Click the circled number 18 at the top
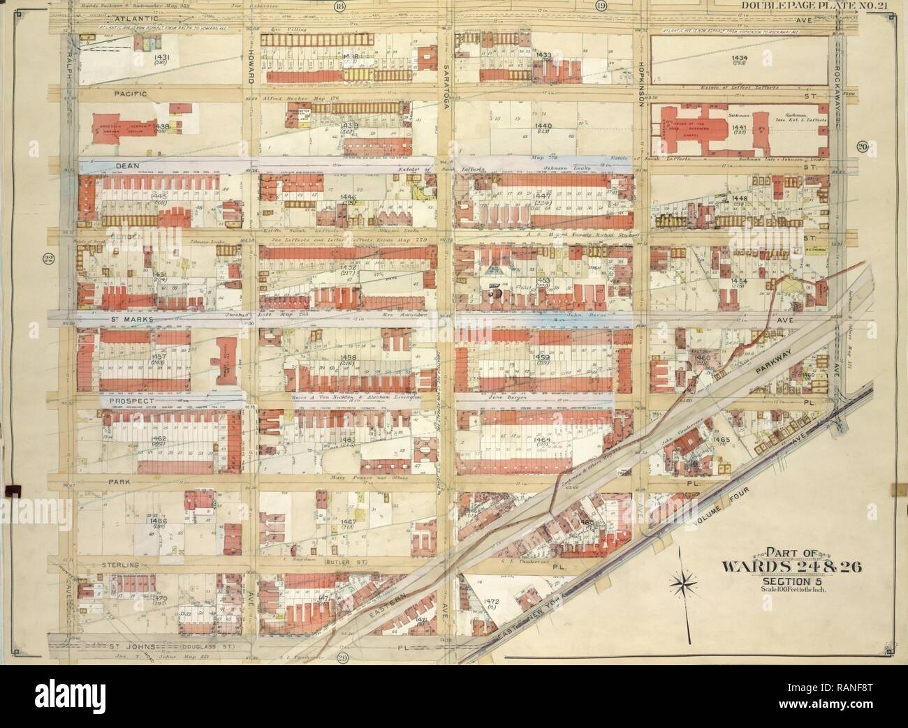tap(340, 7)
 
